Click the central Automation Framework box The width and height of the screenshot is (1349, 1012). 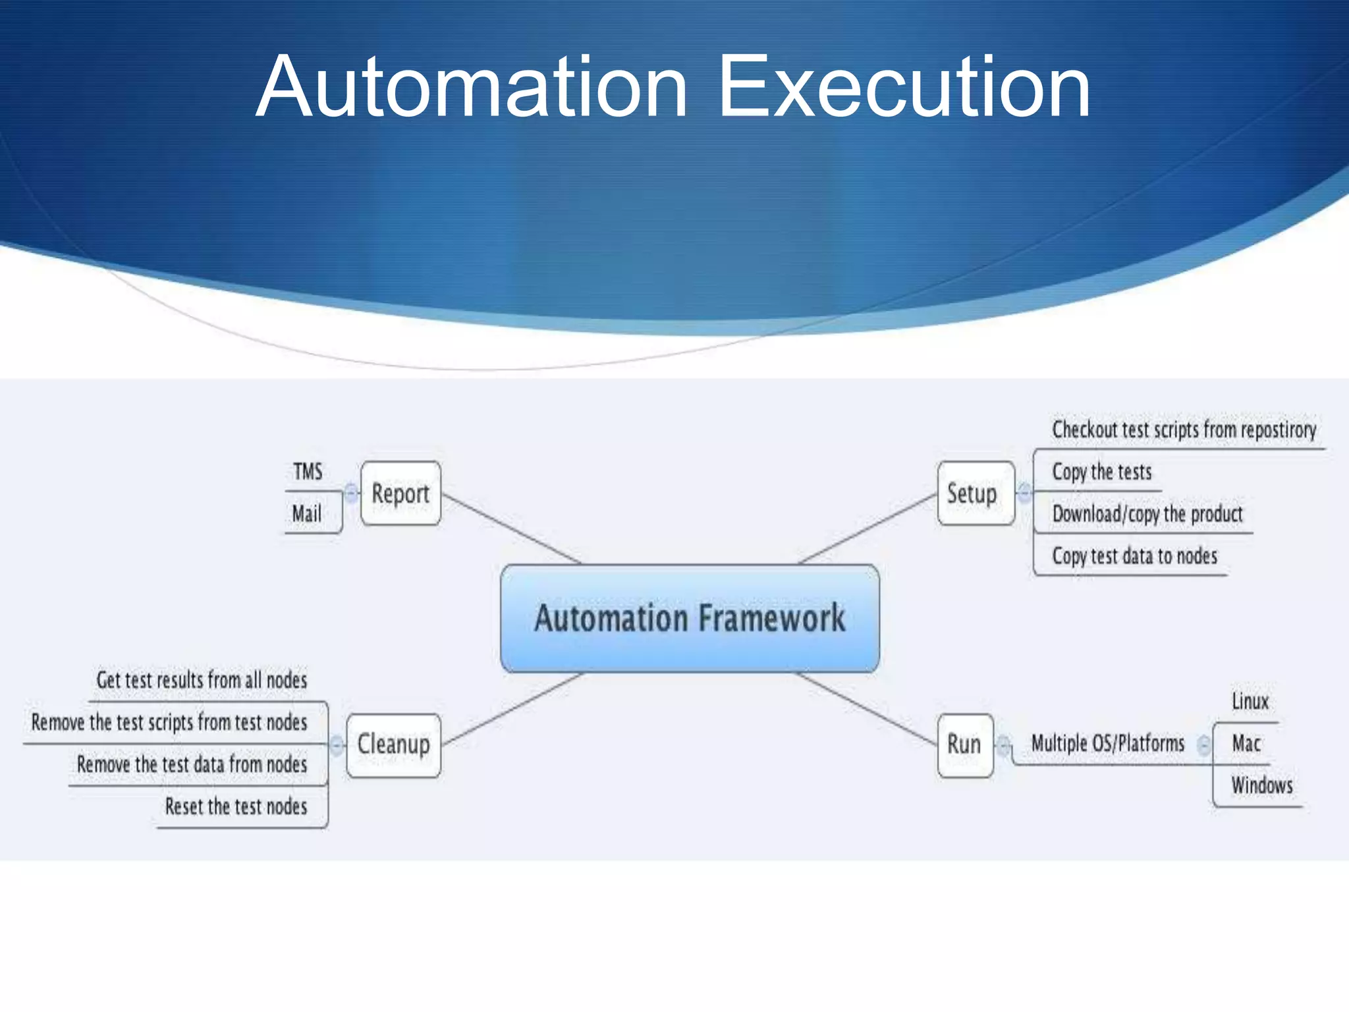[690, 618]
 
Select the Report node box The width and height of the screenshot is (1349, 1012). [400, 493]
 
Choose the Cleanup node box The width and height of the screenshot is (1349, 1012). [393, 745]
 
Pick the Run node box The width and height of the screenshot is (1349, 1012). [964, 745]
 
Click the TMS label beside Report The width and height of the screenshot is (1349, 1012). [308, 472]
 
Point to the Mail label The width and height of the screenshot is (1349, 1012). [307, 514]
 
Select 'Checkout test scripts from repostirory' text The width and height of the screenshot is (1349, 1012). [1184, 430]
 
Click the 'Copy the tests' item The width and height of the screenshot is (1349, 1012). [1101, 472]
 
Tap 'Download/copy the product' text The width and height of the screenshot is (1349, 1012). [1147, 514]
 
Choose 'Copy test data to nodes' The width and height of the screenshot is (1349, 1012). [1134, 556]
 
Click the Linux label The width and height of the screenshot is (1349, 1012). [1250, 701]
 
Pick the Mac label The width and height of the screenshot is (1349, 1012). [1246, 743]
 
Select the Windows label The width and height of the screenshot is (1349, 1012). [1261, 785]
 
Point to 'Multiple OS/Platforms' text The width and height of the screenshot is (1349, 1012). [1107, 743]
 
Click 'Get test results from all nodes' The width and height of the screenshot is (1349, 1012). [202, 680]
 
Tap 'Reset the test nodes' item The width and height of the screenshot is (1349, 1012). [236, 806]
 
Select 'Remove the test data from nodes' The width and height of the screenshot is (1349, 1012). [192, 764]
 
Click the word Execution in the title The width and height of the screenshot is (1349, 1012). [903, 87]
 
